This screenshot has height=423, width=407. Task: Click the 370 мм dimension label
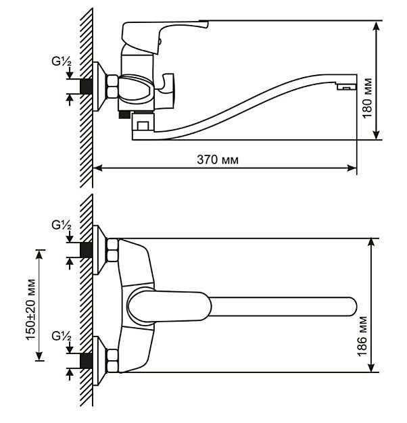coord(218,159)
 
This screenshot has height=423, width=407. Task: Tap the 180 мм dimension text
coord(367,98)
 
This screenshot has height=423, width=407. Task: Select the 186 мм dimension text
coord(362,337)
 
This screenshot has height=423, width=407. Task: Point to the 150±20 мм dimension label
coord(30,309)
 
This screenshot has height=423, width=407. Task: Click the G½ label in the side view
coord(62,61)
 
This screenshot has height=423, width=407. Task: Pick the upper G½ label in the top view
coord(62,225)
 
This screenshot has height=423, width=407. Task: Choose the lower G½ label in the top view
coord(62,337)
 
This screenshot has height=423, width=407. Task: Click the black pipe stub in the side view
coord(87,86)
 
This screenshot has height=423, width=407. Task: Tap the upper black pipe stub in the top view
coord(87,250)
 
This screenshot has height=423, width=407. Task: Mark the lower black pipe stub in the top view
coord(87,360)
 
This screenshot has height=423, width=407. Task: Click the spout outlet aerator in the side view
coord(347,87)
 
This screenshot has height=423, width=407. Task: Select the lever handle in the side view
coord(165,36)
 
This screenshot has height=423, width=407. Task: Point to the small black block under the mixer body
coord(124,114)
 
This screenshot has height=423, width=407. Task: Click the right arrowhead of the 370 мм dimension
coord(352,168)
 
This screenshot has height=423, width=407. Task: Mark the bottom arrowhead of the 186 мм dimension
coord(372,367)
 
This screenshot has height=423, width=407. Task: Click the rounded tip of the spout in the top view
coord(352,307)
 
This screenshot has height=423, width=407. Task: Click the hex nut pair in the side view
coord(112,86)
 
